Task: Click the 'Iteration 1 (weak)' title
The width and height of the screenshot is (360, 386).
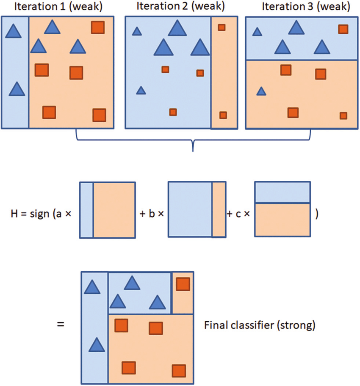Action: pos(58,6)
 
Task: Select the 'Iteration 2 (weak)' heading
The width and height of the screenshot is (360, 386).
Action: pos(180,6)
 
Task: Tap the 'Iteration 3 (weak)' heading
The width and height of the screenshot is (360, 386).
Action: pos(306,6)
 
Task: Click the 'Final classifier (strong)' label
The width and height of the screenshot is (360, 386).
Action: pos(260,325)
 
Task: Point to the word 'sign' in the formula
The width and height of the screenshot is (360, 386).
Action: pos(39,214)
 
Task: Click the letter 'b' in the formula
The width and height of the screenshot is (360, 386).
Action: pos(152,213)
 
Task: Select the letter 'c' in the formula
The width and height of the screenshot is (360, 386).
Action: pos(238,214)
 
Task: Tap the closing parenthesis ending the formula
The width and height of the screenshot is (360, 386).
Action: pos(317,214)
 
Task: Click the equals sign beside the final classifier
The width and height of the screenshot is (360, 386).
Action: pos(61,324)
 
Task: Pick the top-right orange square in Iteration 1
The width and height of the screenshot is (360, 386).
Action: pos(98,28)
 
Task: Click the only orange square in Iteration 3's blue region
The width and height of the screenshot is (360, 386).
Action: pos(343,29)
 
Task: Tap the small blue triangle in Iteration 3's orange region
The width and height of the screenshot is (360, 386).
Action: pos(261,91)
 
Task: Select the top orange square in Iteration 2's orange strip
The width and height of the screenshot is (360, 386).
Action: pos(222,28)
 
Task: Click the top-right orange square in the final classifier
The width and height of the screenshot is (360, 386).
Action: pos(183,284)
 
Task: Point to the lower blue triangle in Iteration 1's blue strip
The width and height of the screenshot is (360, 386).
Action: pos(17,89)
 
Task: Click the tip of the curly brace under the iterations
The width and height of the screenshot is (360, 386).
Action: pos(193,152)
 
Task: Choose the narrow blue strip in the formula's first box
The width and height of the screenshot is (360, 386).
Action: pos(86,210)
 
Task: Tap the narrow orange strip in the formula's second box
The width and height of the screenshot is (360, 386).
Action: pos(219,210)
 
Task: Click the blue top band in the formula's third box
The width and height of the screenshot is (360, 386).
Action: pos(282,193)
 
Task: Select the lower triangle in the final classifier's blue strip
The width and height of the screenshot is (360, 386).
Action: pos(97,345)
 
